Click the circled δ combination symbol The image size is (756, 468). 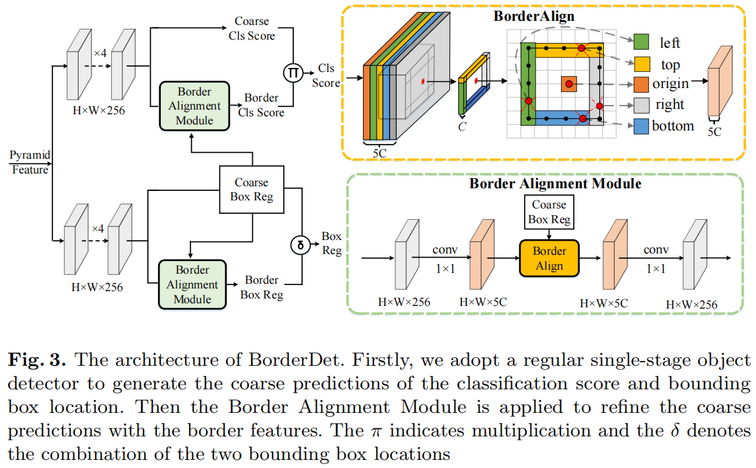click(300, 244)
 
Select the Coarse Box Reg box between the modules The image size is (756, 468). click(252, 190)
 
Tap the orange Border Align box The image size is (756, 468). click(549, 258)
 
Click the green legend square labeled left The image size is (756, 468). click(642, 43)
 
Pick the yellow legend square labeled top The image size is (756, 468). click(642, 65)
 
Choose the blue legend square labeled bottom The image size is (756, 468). click(642, 126)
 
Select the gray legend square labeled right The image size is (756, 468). click(642, 105)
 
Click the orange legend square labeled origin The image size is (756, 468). click(642, 85)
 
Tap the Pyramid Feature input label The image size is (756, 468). click(30, 163)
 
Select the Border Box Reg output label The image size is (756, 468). click(261, 287)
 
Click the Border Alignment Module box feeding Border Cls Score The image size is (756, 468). click(194, 106)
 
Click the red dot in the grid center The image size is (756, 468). click(569, 84)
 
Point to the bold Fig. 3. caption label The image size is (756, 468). click(36, 360)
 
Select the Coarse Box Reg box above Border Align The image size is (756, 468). click(549, 212)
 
